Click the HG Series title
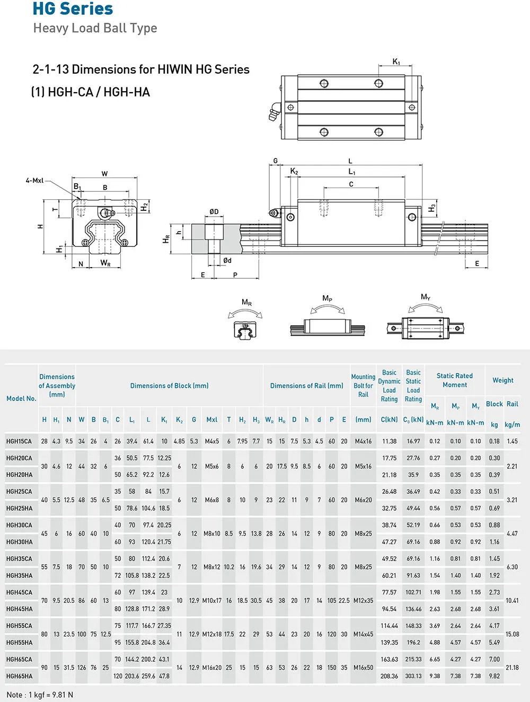(73, 9)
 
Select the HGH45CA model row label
(19, 592)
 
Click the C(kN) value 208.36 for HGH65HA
(389, 676)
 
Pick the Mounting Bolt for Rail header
(363, 386)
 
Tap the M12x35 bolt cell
(363, 600)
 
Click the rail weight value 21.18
(512, 668)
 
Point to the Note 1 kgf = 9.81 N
(40, 695)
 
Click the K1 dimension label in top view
(396, 62)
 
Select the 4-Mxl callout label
(34, 181)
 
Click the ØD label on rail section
(214, 211)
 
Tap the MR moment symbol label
(246, 303)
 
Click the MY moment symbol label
(425, 297)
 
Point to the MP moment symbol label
(327, 299)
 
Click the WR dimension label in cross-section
(105, 263)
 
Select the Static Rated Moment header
(454, 380)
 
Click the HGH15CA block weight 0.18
(494, 441)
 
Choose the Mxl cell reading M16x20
(211, 668)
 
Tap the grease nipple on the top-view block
(274, 112)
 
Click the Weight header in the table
(502, 380)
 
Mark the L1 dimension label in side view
(351, 172)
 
